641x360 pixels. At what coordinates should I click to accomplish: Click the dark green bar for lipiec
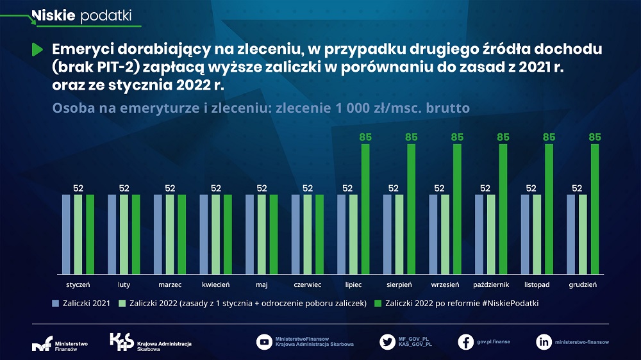365,208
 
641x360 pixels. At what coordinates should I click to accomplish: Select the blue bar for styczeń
66,233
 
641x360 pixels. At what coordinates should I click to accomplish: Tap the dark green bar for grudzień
595,208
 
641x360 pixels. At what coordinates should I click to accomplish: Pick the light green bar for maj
262,233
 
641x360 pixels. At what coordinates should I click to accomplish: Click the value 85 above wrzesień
457,137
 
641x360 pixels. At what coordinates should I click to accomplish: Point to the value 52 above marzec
170,188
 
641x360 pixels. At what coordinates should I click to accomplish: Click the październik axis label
491,284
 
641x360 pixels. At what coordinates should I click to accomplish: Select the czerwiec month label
308,284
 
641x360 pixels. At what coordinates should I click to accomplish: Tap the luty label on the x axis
124,284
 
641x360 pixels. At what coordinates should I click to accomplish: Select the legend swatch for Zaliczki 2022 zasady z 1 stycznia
122,302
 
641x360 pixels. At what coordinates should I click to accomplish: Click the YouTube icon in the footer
264,342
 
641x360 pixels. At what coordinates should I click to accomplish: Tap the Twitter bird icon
387,342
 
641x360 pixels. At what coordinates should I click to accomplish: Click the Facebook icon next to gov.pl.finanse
466,342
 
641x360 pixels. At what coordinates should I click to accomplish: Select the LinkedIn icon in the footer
544,342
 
